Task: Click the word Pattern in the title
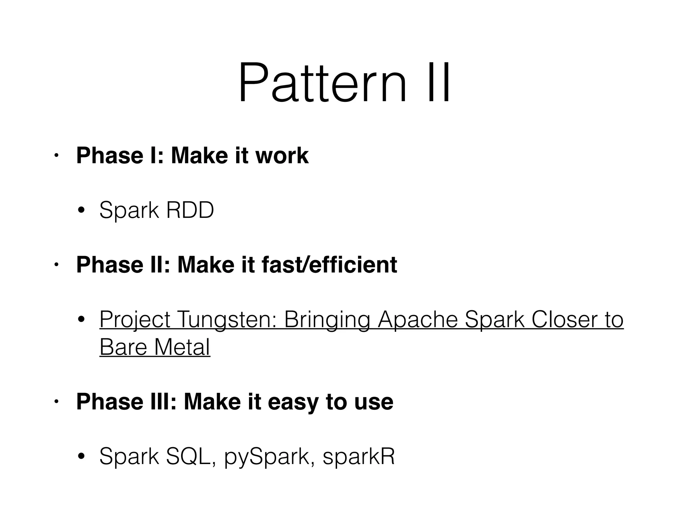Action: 322,83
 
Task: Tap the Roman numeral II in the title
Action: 438,83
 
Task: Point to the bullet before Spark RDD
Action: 81,211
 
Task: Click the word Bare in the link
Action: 123,347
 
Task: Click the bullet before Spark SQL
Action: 81,457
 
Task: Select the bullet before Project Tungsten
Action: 81,319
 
